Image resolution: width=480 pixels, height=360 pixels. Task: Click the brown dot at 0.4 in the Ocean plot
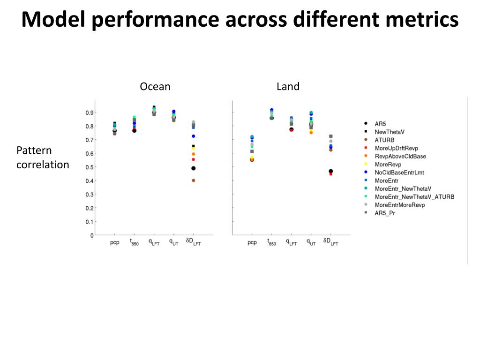pyautogui.click(x=193, y=180)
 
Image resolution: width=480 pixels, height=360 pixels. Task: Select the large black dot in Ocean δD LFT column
pyautogui.click(x=193, y=168)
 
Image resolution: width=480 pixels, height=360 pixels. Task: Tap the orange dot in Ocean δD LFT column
pyautogui.click(x=193, y=154)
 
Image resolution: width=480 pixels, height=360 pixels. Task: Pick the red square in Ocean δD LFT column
pyautogui.click(x=193, y=159)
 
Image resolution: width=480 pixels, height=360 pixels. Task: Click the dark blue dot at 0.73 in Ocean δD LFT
pyautogui.click(x=193, y=136)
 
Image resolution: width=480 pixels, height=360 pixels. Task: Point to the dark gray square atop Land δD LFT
pyautogui.click(x=330, y=136)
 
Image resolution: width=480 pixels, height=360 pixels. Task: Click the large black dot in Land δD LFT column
pyautogui.click(x=330, y=171)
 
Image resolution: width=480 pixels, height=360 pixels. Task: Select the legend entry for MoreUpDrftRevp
pyautogui.click(x=396, y=148)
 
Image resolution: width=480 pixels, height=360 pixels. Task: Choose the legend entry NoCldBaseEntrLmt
pyautogui.click(x=399, y=172)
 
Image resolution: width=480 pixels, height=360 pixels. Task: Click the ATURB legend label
pyautogui.click(x=384, y=140)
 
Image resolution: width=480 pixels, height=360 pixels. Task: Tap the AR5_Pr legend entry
pyautogui.click(x=386, y=213)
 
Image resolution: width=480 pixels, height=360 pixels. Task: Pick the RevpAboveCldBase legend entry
pyautogui.click(x=400, y=156)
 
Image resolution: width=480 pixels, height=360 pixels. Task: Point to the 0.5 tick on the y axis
pyautogui.click(x=89, y=167)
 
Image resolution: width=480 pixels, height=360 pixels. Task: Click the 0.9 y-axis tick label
pyautogui.click(x=89, y=112)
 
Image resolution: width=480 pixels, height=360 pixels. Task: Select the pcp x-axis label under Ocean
pyautogui.click(x=114, y=242)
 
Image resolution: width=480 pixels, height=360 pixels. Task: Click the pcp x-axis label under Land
pyautogui.click(x=252, y=242)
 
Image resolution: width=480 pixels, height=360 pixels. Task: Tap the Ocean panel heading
pyautogui.click(x=155, y=87)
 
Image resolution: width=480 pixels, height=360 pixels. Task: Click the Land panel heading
pyautogui.click(x=288, y=87)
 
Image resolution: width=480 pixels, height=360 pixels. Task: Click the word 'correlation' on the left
pyautogui.click(x=43, y=165)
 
